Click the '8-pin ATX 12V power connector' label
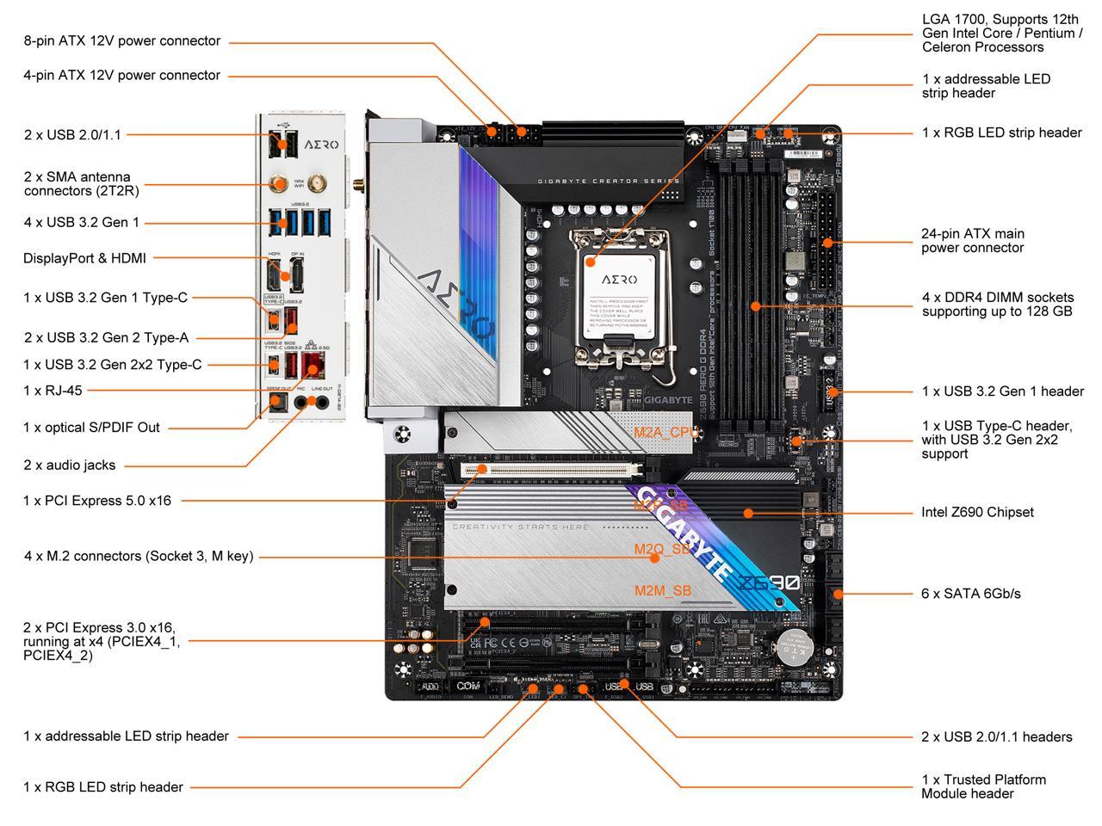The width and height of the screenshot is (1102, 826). tap(121, 40)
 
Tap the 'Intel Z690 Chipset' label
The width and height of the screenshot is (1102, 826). tap(977, 512)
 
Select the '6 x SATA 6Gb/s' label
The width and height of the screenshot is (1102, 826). tap(971, 593)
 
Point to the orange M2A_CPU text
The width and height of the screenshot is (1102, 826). tap(666, 432)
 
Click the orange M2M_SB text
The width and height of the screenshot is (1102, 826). tap(662, 590)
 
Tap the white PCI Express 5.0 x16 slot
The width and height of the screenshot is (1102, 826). tap(551, 470)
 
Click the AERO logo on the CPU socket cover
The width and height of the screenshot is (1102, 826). tap(619, 280)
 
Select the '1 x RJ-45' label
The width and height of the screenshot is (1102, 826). tap(53, 390)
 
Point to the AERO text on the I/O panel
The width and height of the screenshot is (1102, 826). tap(320, 145)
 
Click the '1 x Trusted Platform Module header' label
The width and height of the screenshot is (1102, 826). tap(983, 786)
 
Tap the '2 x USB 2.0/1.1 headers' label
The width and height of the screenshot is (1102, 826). tap(996, 737)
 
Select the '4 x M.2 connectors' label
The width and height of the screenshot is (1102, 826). tap(139, 556)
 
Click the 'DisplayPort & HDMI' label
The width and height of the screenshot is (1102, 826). tap(84, 257)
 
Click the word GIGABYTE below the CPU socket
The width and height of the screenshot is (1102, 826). tap(668, 400)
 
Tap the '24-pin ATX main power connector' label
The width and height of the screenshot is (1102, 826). tap(973, 241)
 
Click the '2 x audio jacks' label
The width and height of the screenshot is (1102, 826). tap(70, 465)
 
